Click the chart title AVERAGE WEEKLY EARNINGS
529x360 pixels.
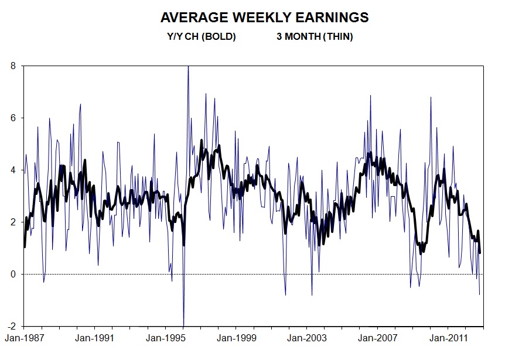click(264, 18)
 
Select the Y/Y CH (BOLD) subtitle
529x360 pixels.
click(201, 37)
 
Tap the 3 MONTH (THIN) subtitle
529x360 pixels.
click(315, 37)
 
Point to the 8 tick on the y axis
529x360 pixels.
click(13, 66)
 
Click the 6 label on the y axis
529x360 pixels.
click(13, 118)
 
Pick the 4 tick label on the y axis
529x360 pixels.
click(13, 170)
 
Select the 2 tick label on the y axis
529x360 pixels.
click(13, 222)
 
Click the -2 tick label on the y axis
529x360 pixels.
click(12, 326)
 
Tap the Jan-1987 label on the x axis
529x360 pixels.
click(23, 338)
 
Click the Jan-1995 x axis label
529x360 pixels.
click(165, 338)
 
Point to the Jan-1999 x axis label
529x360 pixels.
click(236, 338)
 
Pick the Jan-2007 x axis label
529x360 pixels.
click(378, 338)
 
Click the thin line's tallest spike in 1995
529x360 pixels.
click(188, 67)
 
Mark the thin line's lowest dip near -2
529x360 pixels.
click(183, 324)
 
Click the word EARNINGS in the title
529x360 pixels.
click(332, 18)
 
